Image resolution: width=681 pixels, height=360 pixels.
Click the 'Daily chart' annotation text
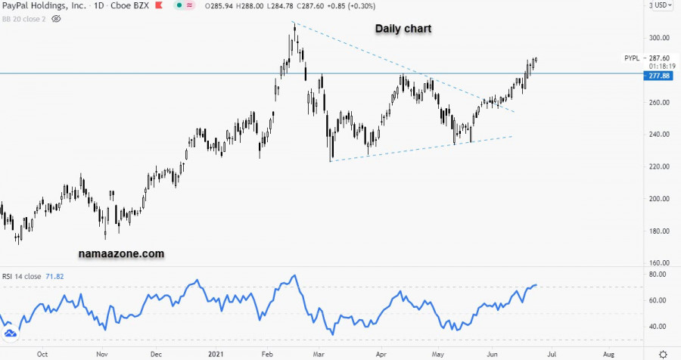coord(404,29)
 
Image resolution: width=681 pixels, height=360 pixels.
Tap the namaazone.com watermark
coord(121,255)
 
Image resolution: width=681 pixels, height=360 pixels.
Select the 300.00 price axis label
coord(659,38)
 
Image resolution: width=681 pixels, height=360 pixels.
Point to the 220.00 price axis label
coord(659,166)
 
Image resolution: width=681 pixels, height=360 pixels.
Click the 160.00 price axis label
coord(659,263)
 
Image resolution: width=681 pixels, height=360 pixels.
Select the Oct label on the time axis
coord(43,353)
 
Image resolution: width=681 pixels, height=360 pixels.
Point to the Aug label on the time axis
coord(608,353)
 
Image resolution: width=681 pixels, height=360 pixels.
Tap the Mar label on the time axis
coord(319,353)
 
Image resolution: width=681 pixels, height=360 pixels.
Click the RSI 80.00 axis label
coord(657,274)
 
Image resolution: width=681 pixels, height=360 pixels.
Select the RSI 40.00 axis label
coord(657,327)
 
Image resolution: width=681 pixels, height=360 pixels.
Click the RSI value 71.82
coord(53,277)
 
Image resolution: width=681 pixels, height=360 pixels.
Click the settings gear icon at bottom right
coord(663,353)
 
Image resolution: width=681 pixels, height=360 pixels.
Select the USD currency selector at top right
coord(661,5)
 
